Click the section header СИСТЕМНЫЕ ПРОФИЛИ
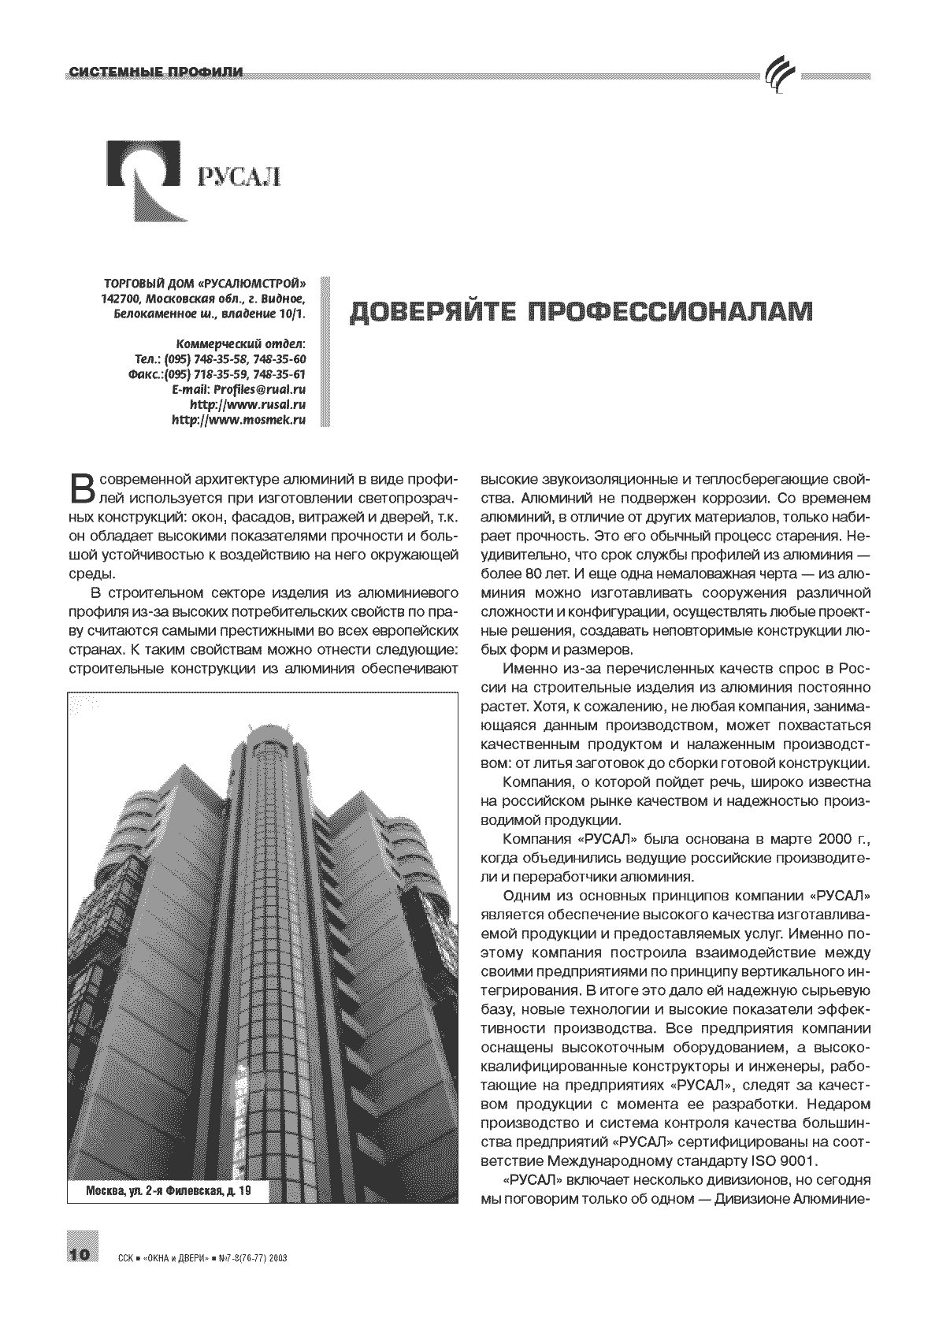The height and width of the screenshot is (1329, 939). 155,73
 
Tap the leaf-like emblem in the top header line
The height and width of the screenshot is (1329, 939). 779,76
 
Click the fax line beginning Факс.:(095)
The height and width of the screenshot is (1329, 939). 216,374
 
